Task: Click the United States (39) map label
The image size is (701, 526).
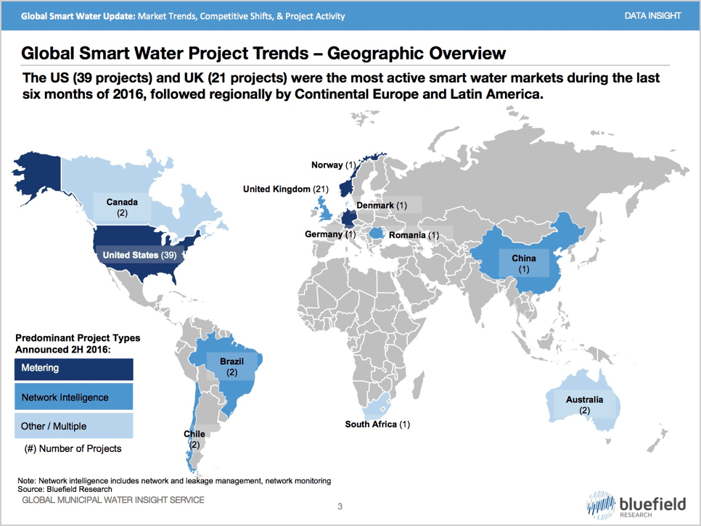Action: pos(140,255)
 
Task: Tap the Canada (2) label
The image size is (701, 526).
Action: pos(122,207)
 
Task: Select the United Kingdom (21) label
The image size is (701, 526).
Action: pos(285,189)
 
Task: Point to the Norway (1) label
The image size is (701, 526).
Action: pos(334,165)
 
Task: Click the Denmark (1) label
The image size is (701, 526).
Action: pos(382,205)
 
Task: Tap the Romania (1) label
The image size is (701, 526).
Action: pos(414,235)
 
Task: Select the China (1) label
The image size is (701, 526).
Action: pos(523,263)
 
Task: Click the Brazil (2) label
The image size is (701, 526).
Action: pos(231,366)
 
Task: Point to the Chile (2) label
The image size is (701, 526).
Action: pos(194,439)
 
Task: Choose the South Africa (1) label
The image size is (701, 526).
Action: pos(377,424)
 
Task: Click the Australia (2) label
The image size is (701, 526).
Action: pos(584,405)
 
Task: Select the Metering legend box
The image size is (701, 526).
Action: pos(74,368)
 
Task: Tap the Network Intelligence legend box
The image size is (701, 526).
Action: pos(74,397)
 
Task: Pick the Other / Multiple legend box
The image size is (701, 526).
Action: pos(74,426)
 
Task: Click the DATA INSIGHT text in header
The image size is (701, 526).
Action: pos(652,15)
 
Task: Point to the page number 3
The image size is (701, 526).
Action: pos(340,506)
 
